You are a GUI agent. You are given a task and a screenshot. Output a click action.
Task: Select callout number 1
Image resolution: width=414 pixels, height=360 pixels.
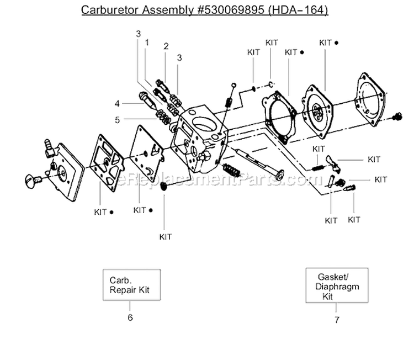[x=147, y=42]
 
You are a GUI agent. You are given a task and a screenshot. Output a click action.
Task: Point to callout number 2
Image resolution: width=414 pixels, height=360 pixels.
[x=166, y=46]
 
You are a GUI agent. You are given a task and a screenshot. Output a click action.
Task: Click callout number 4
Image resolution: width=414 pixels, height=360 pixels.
[x=117, y=103]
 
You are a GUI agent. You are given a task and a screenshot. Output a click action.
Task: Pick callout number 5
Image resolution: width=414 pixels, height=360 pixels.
[x=117, y=119]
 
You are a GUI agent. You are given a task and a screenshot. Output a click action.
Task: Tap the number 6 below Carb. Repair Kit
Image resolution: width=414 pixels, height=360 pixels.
[x=130, y=317]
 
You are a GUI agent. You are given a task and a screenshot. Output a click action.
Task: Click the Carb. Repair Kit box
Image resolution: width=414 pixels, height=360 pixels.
[x=131, y=284]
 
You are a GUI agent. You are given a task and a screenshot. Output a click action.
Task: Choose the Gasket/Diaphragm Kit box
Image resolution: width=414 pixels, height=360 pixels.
[x=335, y=285]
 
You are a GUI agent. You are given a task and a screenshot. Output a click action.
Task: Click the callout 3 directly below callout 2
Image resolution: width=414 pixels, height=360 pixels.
[x=179, y=57]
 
